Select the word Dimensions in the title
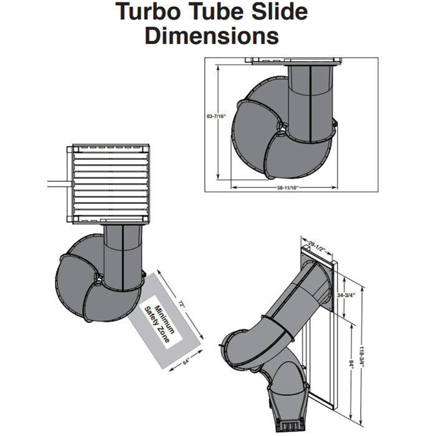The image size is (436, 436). [212, 36]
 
